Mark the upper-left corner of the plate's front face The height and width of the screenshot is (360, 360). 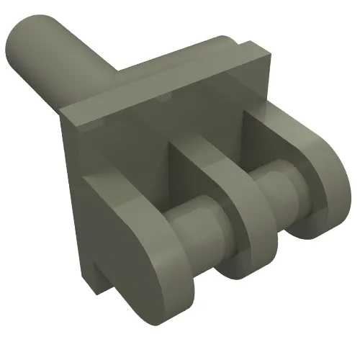63,112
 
